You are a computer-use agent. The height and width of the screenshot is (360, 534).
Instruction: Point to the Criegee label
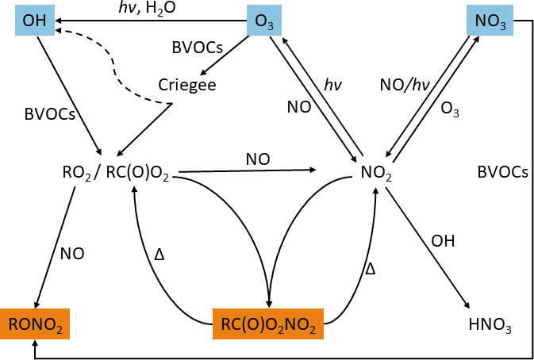coord(187,84)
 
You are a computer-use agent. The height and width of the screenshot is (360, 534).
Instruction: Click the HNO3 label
coord(489,324)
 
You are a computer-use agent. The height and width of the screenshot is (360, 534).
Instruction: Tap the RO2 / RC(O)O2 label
coord(116,172)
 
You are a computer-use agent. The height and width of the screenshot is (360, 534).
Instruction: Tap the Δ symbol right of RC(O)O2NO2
coord(369,268)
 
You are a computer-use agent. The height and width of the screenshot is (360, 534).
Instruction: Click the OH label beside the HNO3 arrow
coord(443,241)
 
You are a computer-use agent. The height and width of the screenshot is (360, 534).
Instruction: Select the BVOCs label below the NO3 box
coord(503,172)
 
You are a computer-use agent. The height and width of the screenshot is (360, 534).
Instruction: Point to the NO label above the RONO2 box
coord(72,254)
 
